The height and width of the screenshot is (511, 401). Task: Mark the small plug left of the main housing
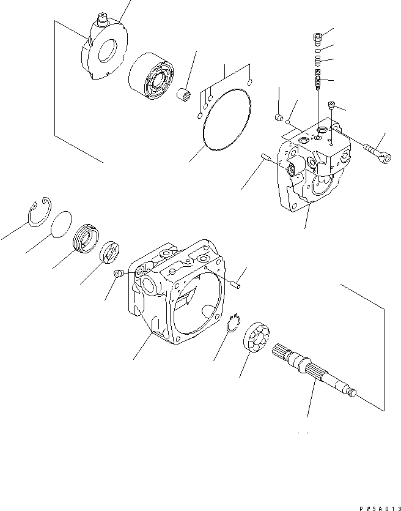[x=119, y=275]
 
